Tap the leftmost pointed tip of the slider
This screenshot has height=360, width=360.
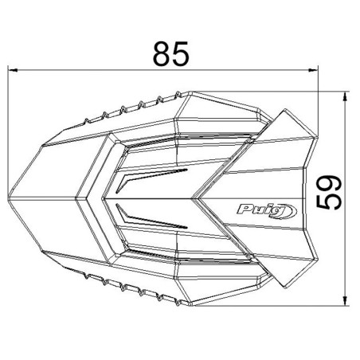click(10, 198)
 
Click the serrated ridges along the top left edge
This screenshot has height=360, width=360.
click(119, 108)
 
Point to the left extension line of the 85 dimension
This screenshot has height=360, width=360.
click(10, 119)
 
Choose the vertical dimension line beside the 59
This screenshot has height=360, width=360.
click(345, 239)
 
